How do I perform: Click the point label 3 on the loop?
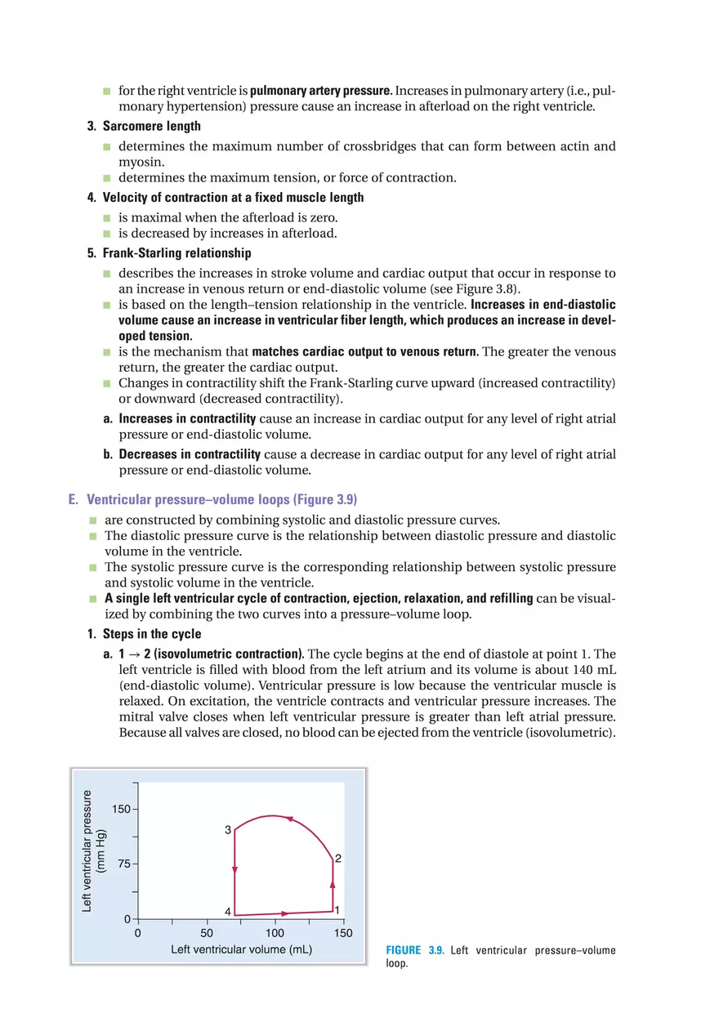(x=228, y=830)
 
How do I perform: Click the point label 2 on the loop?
(x=337, y=859)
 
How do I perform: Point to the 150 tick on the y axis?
(x=120, y=810)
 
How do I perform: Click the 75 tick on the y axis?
(x=123, y=864)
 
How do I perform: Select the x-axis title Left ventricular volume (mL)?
(x=241, y=950)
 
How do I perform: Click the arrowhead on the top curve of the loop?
(x=288, y=818)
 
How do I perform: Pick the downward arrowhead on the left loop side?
(x=234, y=870)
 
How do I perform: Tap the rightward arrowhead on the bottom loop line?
(x=284, y=913)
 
